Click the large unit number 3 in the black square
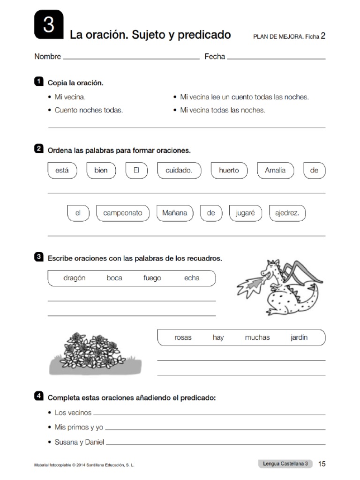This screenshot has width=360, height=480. (49, 25)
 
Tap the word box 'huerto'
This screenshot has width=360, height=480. (229, 171)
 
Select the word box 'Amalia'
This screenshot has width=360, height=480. (275, 171)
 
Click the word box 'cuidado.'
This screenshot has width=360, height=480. (179, 171)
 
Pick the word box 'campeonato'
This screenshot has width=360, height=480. (123, 213)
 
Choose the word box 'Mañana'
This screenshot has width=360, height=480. (174, 213)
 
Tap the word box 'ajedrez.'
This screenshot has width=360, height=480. (287, 213)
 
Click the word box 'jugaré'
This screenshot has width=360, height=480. (245, 213)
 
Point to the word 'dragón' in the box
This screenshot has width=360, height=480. (74, 278)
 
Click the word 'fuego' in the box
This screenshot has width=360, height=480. (152, 278)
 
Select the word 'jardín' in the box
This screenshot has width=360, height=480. (299, 337)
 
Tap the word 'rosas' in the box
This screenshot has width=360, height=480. (183, 337)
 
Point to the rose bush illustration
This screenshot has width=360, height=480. (95, 352)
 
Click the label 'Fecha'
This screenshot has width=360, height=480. (215, 57)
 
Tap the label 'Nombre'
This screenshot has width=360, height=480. (47, 57)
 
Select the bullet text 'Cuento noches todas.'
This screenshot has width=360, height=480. (89, 111)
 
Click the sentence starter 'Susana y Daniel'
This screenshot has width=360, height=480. (79, 442)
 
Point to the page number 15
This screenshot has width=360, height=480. (322, 464)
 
